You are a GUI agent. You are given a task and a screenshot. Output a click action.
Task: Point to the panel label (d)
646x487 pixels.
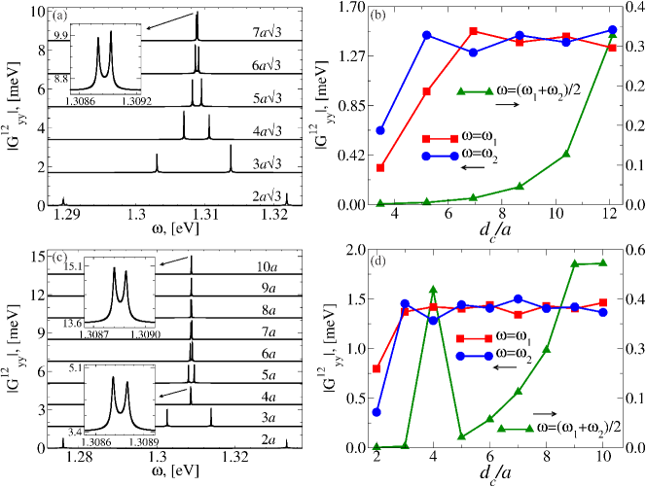click(x=378, y=260)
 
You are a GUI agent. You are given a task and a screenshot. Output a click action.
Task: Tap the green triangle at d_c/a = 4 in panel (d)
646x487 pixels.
click(x=433, y=290)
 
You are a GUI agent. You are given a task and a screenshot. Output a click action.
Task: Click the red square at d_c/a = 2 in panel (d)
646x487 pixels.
click(x=377, y=368)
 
